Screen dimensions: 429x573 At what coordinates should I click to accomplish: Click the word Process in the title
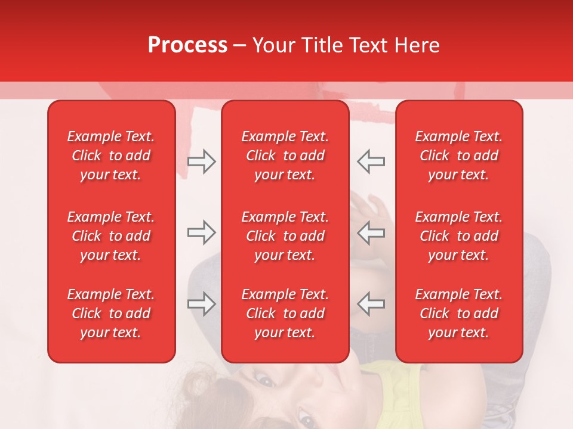click(187, 45)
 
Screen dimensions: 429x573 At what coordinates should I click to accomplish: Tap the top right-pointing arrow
click(202, 161)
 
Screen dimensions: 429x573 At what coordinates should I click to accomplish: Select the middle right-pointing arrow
click(202, 232)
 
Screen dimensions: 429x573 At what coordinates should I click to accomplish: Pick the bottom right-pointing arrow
click(202, 304)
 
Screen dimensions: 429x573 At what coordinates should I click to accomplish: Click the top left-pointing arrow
click(371, 161)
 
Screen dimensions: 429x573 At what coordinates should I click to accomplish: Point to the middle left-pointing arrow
click(371, 232)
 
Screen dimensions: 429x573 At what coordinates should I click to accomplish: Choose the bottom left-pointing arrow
click(371, 304)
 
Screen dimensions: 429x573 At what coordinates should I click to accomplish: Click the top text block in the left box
click(111, 156)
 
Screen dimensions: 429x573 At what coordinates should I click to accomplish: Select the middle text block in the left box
click(111, 236)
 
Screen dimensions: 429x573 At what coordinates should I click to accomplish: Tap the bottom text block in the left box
click(111, 313)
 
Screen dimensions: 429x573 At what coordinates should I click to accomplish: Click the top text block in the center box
click(285, 156)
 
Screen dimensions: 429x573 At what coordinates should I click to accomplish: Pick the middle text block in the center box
click(285, 236)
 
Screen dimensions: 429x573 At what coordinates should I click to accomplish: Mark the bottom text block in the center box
click(285, 313)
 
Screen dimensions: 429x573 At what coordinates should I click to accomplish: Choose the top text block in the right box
click(458, 156)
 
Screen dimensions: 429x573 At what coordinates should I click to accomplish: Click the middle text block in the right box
click(458, 236)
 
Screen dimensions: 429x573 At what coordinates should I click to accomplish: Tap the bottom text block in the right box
click(458, 313)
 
